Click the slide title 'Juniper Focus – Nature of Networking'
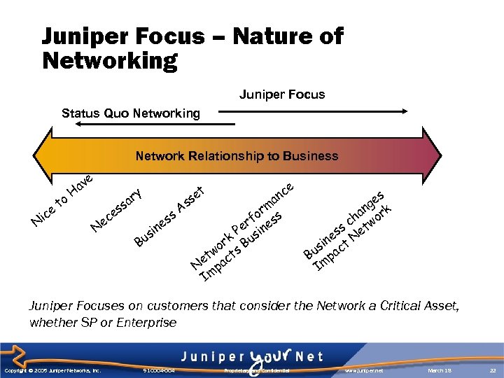tap(192, 48)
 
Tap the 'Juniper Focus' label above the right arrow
tap(282, 94)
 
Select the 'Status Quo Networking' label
tap(130, 113)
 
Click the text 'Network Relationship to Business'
tap(237, 156)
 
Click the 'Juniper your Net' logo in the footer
tap(253, 356)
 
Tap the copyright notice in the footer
tap(52, 370)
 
